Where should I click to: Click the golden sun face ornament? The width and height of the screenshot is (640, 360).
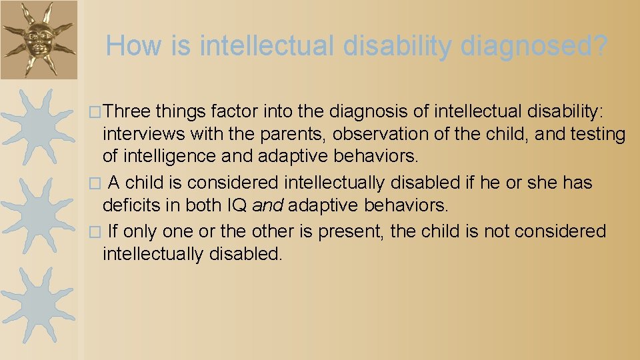point(39,39)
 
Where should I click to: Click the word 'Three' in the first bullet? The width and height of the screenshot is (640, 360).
point(128,110)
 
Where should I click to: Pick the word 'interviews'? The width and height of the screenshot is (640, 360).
point(143,134)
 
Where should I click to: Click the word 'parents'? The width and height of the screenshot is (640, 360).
point(287,134)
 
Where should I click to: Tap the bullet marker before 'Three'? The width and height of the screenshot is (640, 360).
point(96,111)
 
